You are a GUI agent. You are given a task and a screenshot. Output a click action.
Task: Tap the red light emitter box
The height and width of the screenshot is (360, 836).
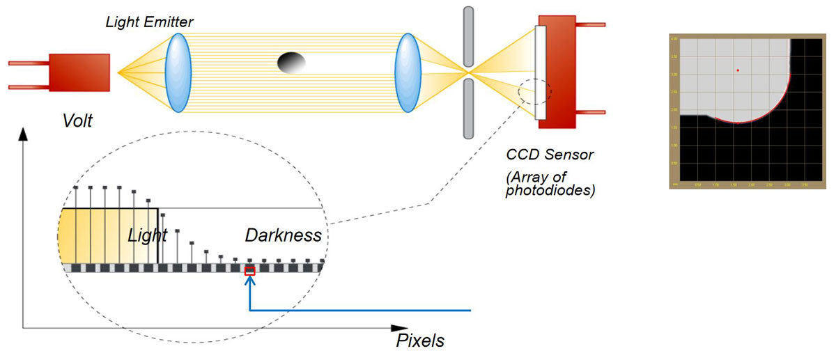[x=79, y=72]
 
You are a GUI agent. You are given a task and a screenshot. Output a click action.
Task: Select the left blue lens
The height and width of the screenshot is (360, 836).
[x=178, y=72]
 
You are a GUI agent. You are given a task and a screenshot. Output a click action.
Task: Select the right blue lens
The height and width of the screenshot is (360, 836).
[x=406, y=72]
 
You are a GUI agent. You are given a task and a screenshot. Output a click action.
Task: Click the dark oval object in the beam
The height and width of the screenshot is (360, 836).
[x=291, y=62]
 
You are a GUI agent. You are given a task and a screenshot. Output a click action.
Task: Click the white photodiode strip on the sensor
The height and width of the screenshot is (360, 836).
[x=541, y=72]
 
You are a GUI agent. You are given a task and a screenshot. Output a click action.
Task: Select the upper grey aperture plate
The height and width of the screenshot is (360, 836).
[x=468, y=35]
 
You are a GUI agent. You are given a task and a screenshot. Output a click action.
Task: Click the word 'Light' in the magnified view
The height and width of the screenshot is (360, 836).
[x=148, y=235]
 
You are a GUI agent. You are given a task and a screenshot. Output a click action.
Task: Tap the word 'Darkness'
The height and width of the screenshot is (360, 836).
[x=284, y=235]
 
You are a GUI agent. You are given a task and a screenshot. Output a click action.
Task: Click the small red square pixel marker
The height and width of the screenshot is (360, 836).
[x=250, y=271]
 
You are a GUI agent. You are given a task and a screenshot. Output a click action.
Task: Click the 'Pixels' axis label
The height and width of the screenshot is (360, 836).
[x=420, y=341]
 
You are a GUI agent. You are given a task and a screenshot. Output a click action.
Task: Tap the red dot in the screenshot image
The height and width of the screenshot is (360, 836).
[x=738, y=70]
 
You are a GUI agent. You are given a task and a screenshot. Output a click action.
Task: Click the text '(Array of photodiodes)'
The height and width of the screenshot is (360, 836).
[x=550, y=181]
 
